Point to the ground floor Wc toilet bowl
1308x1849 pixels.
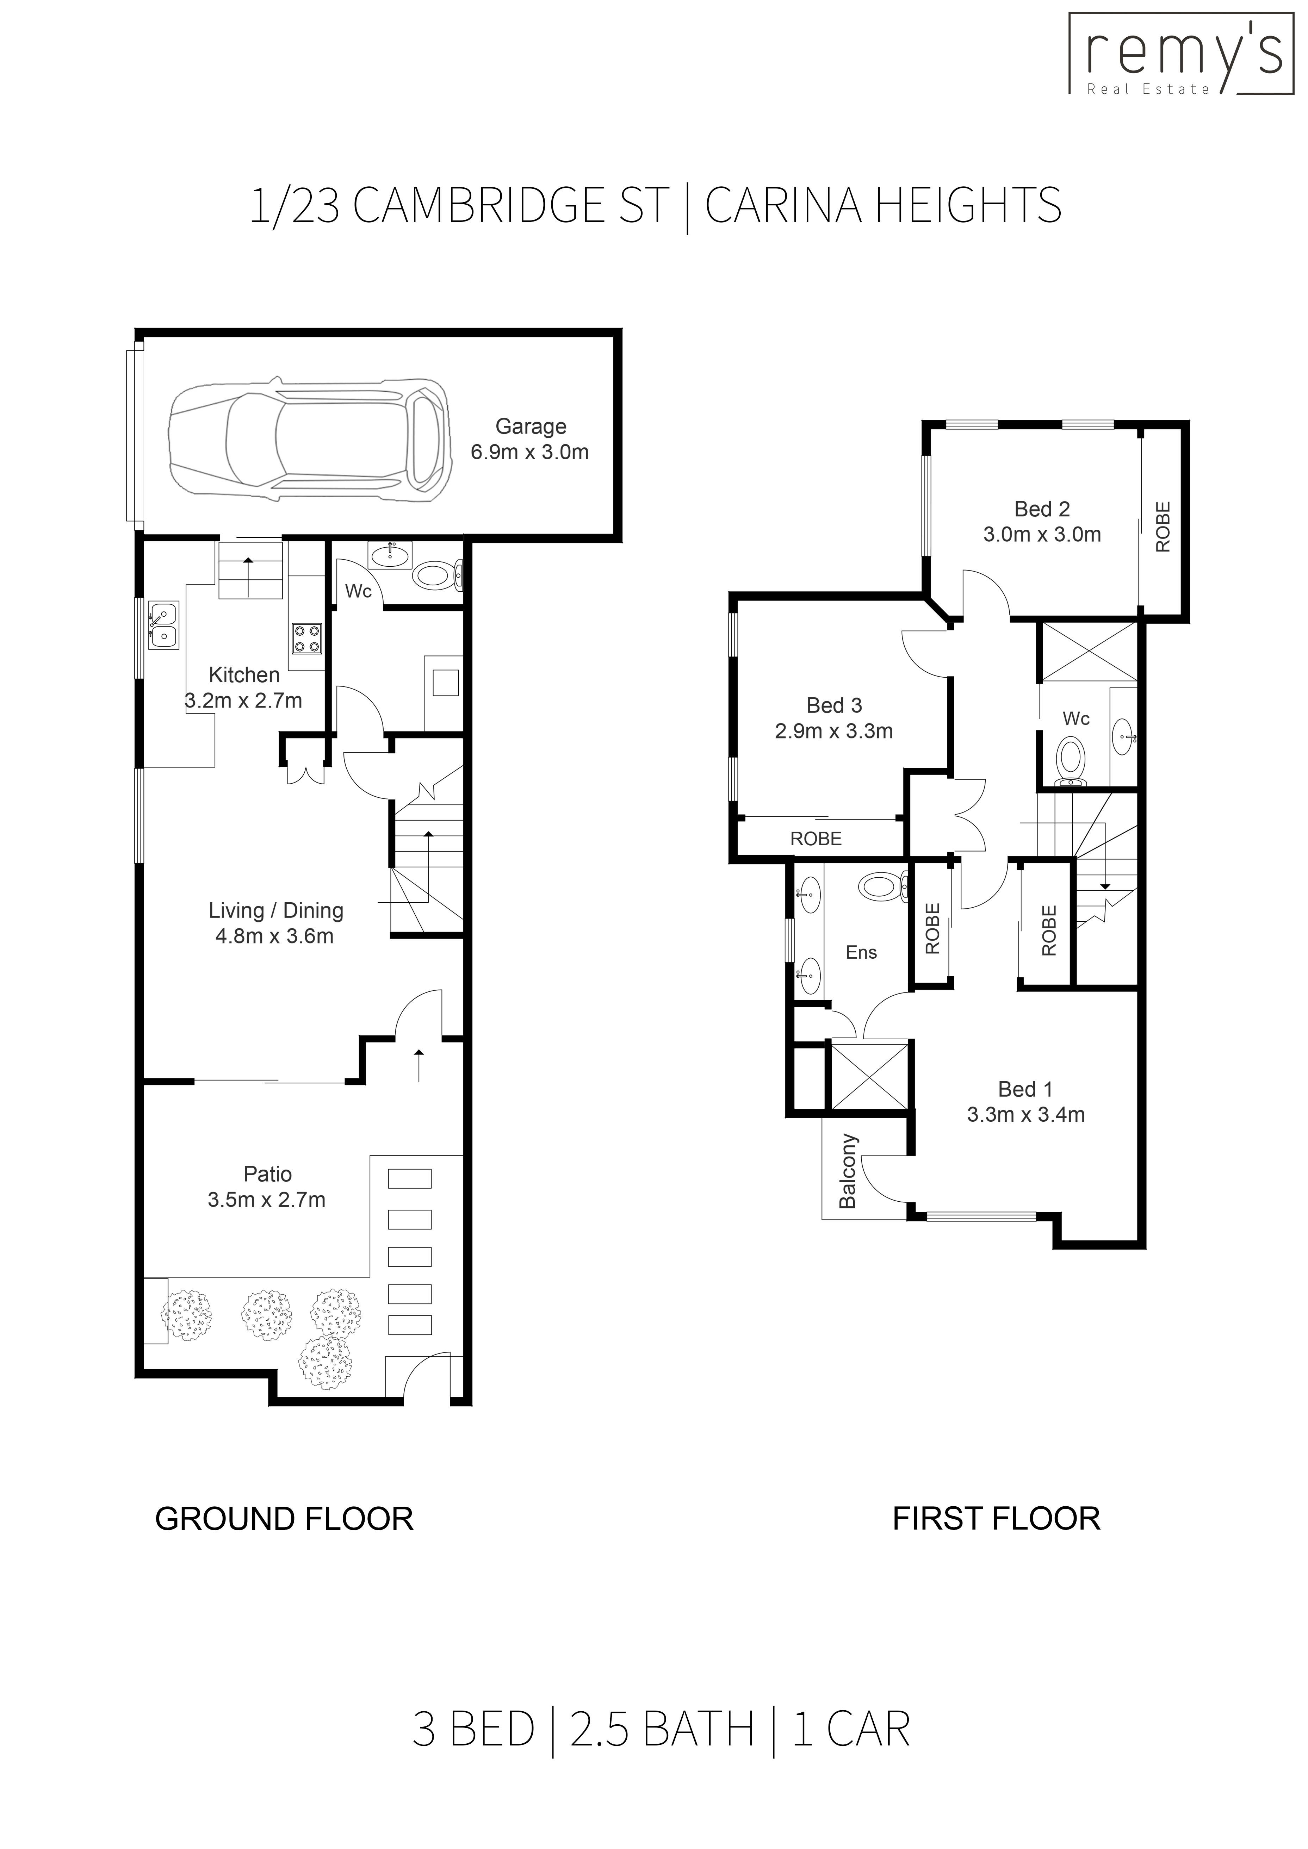[x=433, y=576]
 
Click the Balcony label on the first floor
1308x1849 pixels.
[x=847, y=1172]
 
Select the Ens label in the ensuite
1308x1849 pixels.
[x=861, y=953]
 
